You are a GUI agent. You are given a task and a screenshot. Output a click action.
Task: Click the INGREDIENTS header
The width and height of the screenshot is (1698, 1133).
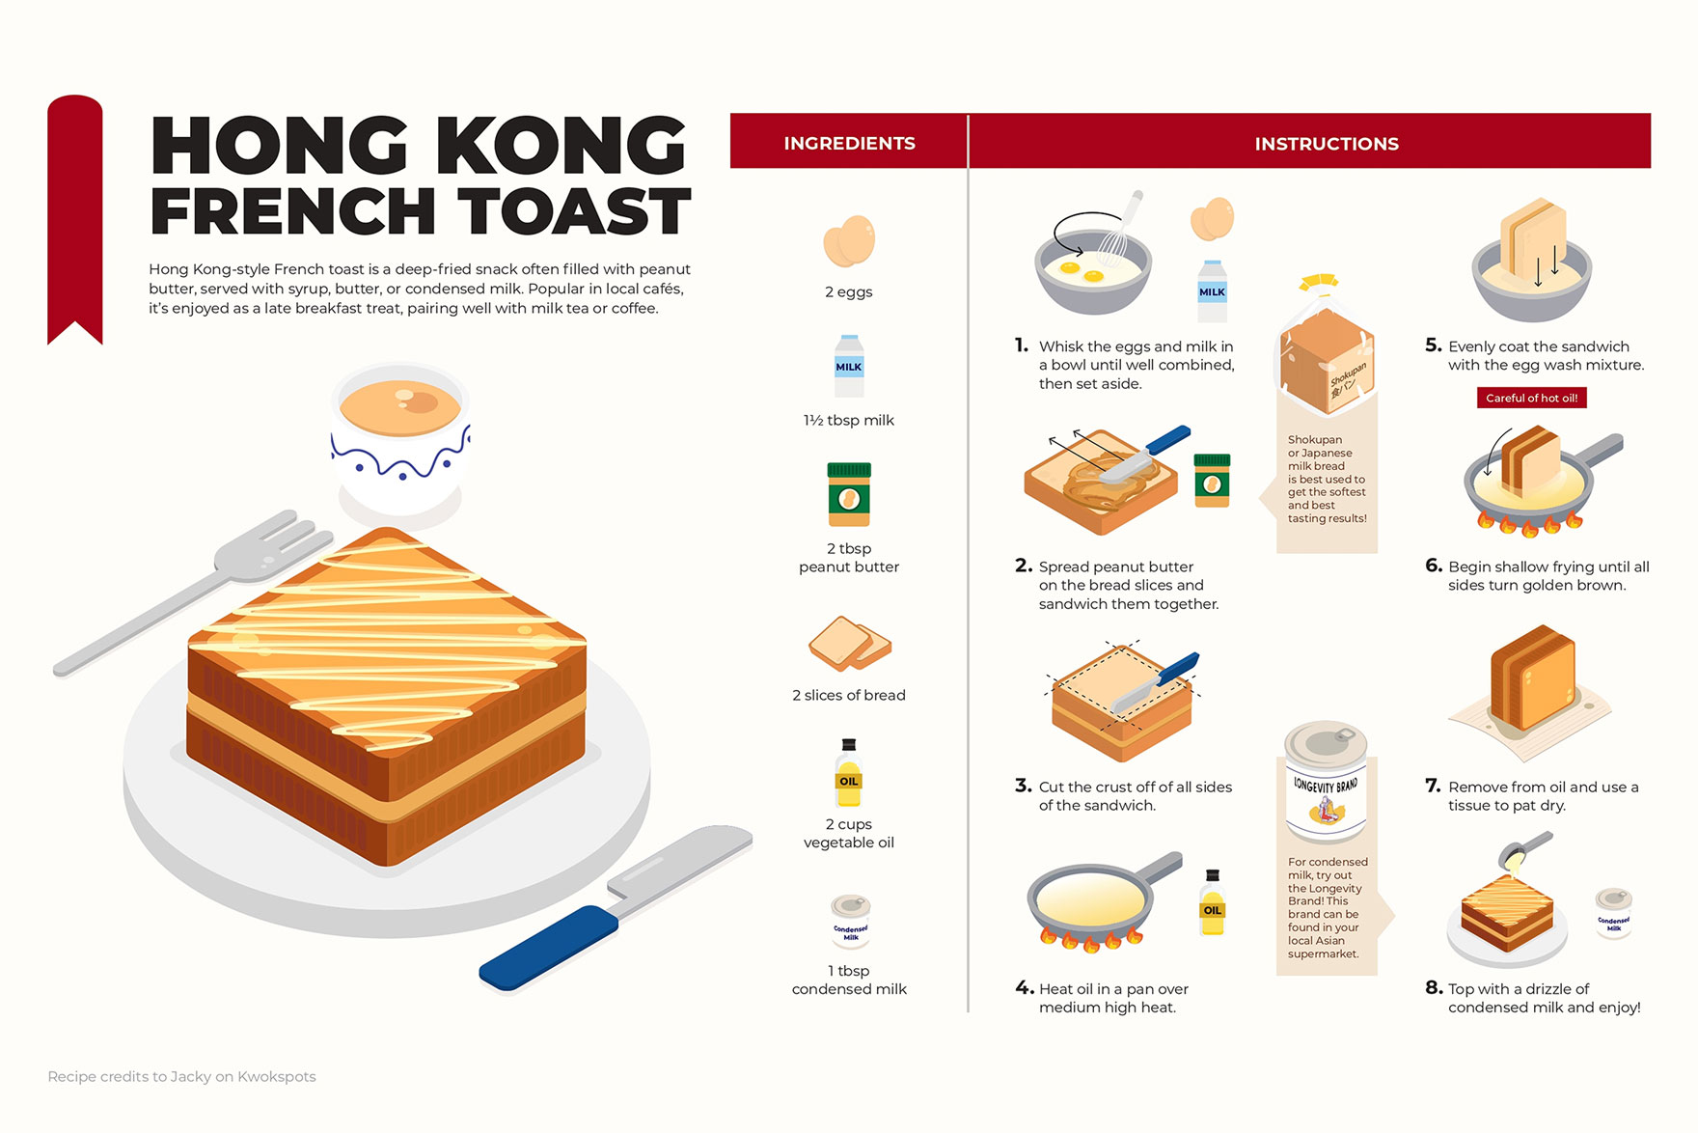849,143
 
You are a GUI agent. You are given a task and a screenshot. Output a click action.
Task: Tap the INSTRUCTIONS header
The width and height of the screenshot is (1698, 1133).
1326,144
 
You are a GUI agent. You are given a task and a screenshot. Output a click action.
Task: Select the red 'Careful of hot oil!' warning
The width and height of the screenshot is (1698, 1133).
1531,398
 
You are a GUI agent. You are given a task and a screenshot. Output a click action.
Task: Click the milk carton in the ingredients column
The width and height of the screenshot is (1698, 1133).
849,367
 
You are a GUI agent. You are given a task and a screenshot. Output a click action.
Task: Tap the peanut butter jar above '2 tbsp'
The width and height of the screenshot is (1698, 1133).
849,494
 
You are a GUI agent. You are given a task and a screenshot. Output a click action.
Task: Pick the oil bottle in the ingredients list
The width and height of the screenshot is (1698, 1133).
849,774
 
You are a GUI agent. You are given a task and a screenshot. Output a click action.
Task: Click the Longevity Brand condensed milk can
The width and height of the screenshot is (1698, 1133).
1326,782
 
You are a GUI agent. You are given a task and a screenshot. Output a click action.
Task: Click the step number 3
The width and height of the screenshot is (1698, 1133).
1023,786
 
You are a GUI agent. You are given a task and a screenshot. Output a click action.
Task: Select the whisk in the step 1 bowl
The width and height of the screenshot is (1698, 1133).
1119,232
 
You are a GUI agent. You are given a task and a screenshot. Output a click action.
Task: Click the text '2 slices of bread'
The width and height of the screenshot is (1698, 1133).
849,695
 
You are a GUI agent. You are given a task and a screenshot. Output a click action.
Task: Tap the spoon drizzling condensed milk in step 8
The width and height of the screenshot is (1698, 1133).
1524,850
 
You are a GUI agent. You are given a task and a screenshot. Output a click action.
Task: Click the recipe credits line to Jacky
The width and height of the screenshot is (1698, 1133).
181,1076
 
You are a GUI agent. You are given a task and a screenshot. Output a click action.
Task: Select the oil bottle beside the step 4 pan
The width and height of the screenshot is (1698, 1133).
1213,904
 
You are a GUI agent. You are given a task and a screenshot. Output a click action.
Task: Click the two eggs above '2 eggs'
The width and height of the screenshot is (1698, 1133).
849,241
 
